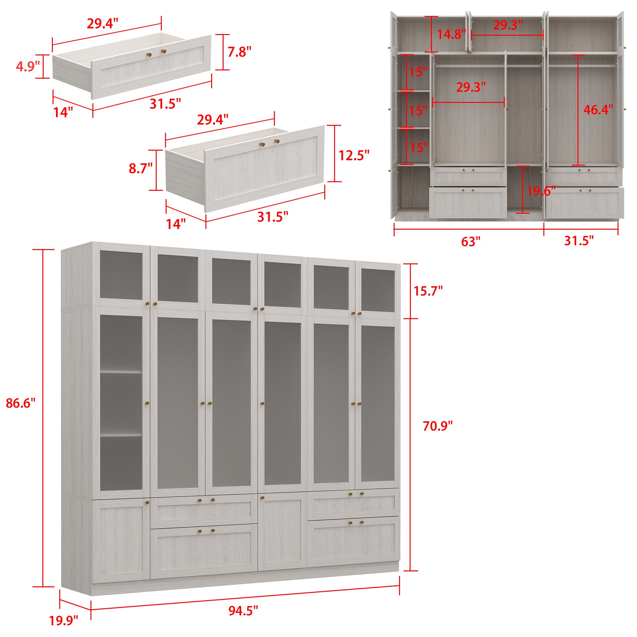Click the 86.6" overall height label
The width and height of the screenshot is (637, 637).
pos(20,403)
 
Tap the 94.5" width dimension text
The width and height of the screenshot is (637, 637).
pos(243,611)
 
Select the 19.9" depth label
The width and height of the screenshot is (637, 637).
pos(64,621)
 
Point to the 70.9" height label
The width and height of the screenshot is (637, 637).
pos(438,426)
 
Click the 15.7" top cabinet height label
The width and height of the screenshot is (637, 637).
pos(428,291)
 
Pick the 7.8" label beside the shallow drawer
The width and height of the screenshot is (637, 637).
pos(240,52)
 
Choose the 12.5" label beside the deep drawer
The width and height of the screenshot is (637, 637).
pos(354,155)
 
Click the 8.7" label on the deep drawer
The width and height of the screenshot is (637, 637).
pos(140,168)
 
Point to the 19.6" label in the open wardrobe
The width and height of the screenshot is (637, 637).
pos(541,191)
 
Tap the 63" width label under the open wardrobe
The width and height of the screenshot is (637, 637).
pos(470,242)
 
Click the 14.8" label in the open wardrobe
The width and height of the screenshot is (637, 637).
pos(451,34)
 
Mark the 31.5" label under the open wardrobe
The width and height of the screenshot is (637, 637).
pos(579,241)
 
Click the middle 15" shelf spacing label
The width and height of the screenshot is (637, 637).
pos(418,111)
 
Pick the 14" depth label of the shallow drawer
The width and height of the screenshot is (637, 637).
pos(63,112)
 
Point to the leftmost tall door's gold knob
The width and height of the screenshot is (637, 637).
pos(147,403)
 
